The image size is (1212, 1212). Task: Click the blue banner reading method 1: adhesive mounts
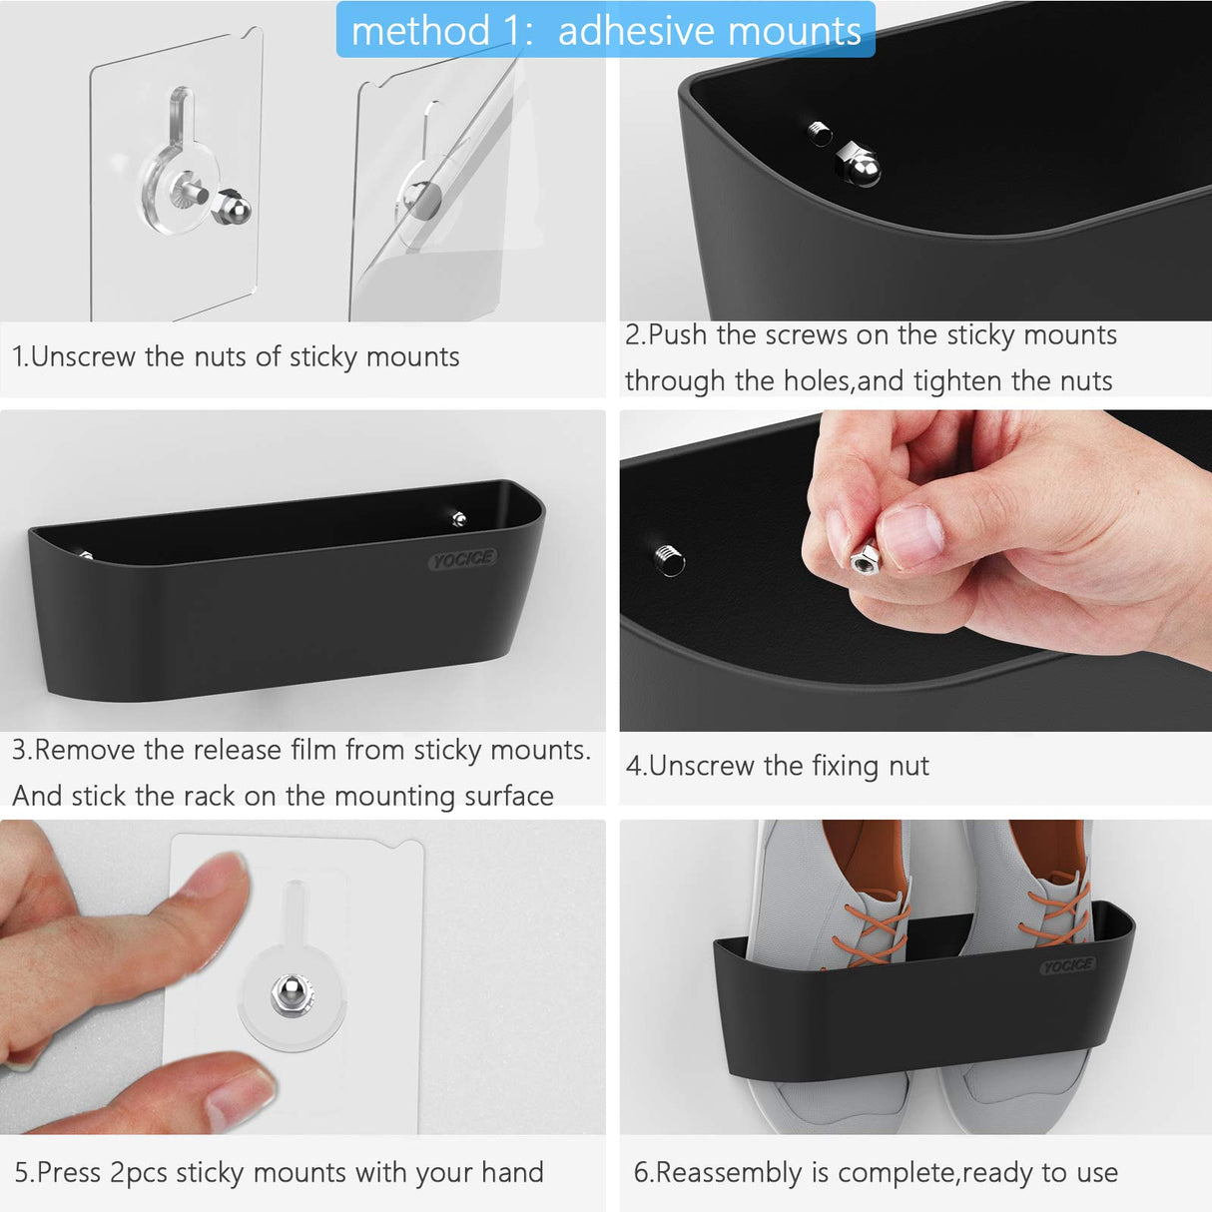click(x=605, y=30)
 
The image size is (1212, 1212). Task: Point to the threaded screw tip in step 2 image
click(x=820, y=132)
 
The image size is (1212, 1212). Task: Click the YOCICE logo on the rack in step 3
click(x=463, y=560)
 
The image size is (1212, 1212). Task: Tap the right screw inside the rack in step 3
click(x=458, y=518)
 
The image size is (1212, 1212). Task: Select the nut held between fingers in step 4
click(x=863, y=557)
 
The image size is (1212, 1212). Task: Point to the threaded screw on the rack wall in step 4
click(x=669, y=559)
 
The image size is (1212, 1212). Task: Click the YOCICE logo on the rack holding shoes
click(x=1067, y=965)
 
